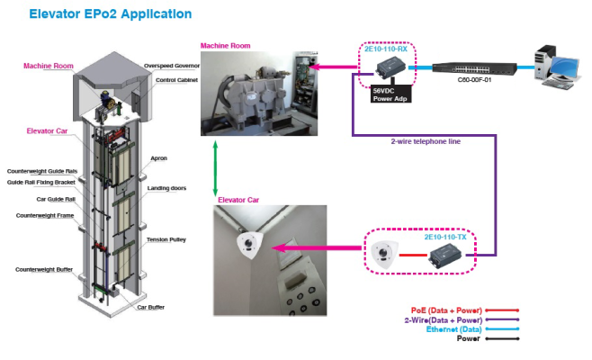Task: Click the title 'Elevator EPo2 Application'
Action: click(110, 14)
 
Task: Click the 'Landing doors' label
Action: click(166, 187)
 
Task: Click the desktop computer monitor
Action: click(564, 66)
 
